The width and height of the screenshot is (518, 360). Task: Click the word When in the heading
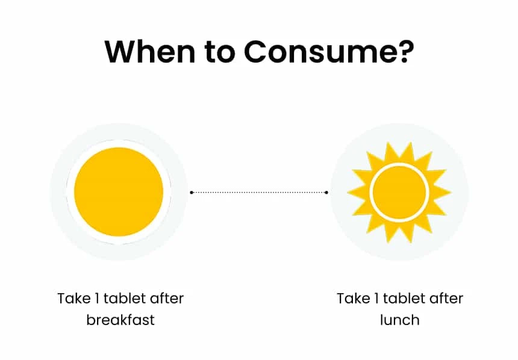tap(151, 52)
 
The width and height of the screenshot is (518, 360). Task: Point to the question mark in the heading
tap(407, 52)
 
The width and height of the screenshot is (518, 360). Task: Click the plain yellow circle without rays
tap(119, 192)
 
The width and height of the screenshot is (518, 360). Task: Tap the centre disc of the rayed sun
tap(399, 192)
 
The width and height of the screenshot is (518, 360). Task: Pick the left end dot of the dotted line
tap(192, 192)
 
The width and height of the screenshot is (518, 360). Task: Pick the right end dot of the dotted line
tap(326, 192)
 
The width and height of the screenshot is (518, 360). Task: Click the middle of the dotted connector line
tap(259, 192)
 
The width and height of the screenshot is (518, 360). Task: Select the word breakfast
tap(120, 320)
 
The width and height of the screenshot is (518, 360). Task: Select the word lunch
tap(400, 320)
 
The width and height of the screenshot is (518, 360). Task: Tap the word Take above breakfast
tap(74, 299)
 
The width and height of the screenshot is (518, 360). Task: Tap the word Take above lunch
tap(354, 299)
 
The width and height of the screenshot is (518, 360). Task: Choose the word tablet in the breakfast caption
tap(125, 299)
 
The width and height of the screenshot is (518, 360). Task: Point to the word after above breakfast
tap(166, 299)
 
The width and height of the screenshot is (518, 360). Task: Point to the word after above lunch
tap(446, 299)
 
